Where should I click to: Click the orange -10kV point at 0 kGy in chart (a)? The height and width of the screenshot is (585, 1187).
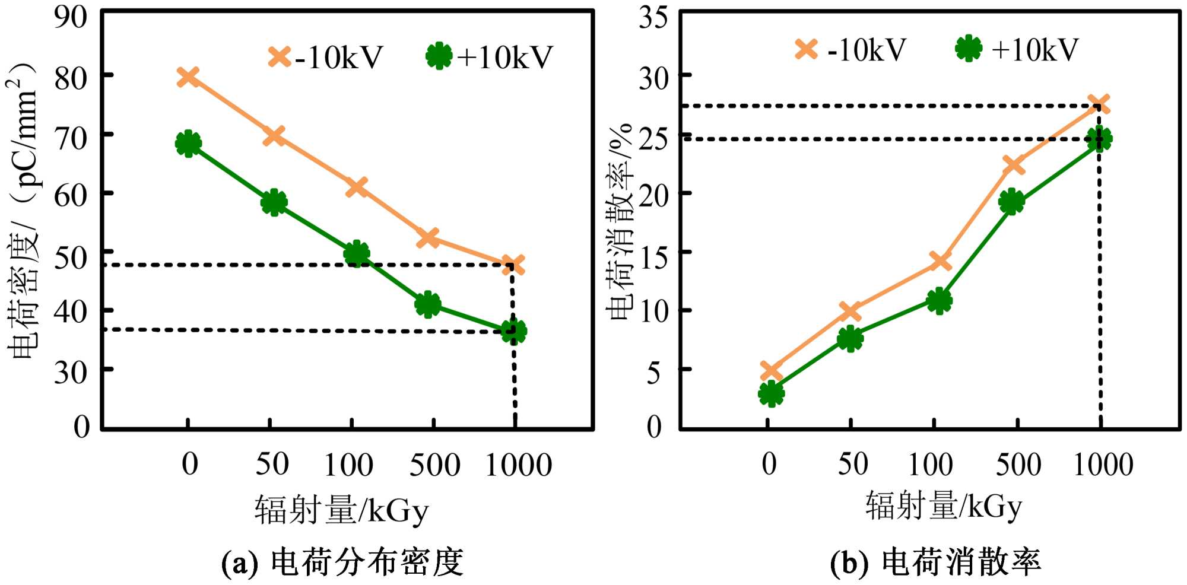pyautogui.click(x=188, y=77)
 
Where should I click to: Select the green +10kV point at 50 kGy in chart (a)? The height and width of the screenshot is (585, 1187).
pyautogui.click(x=274, y=203)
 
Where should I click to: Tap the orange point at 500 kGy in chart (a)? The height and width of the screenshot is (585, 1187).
pyautogui.click(x=428, y=238)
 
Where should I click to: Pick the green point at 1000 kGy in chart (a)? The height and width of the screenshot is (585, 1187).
pyautogui.click(x=513, y=331)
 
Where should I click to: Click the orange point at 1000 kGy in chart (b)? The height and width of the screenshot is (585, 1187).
pyautogui.click(x=1099, y=104)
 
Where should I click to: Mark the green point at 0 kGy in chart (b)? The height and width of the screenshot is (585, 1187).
pyautogui.click(x=771, y=393)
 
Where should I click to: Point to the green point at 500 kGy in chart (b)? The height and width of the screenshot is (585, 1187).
pyautogui.click(x=1011, y=202)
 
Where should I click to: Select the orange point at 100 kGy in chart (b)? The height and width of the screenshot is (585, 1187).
pyautogui.click(x=940, y=260)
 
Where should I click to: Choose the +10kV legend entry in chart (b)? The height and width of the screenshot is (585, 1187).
pyautogui.click(x=1017, y=49)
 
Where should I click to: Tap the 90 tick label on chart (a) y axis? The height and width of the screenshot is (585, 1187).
pyautogui.click(x=71, y=18)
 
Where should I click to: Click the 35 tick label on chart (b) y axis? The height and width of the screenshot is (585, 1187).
pyautogui.click(x=653, y=18)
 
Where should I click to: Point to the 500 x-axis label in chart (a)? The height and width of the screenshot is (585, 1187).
pyautogui.click(x=434, y=465)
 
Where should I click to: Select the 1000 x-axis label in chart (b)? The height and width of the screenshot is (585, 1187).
pyautogui.click(x=1103, y=465)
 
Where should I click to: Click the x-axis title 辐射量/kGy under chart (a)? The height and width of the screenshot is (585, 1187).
pyautogui.click(x=341, y=509)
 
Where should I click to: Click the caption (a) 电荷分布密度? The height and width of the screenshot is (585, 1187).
pyautogui.click(x=342, y=562)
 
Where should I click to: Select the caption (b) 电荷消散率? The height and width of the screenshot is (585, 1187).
pyautogui.click(x=935, y=562)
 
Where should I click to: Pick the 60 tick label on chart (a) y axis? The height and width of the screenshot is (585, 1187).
pyautogui.click(x=71, y=194)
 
